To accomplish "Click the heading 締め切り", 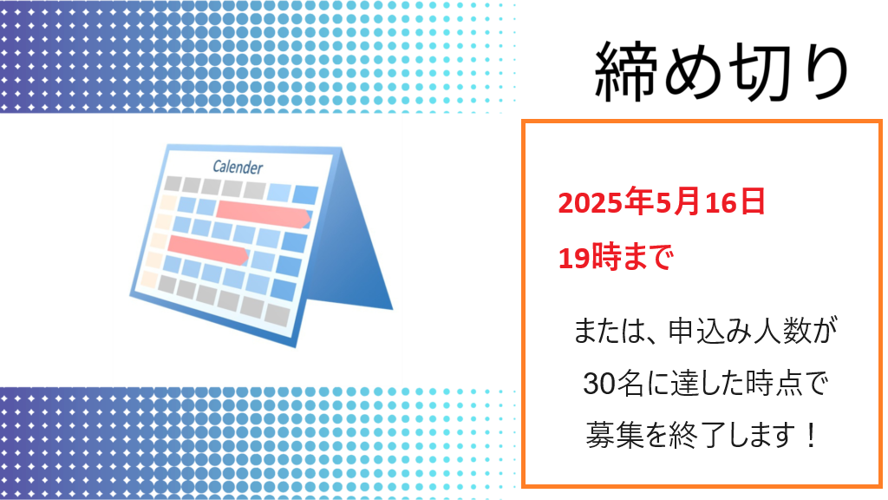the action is coord(721,71).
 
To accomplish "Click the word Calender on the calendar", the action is coord(238,167).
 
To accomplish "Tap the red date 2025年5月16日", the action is coord(662,202).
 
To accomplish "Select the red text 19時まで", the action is coord(616,257).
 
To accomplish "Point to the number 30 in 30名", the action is coord(598,385).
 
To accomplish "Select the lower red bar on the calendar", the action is coord(208,250).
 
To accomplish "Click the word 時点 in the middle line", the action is coord(774,384).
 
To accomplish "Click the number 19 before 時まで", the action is coord(573,258).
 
